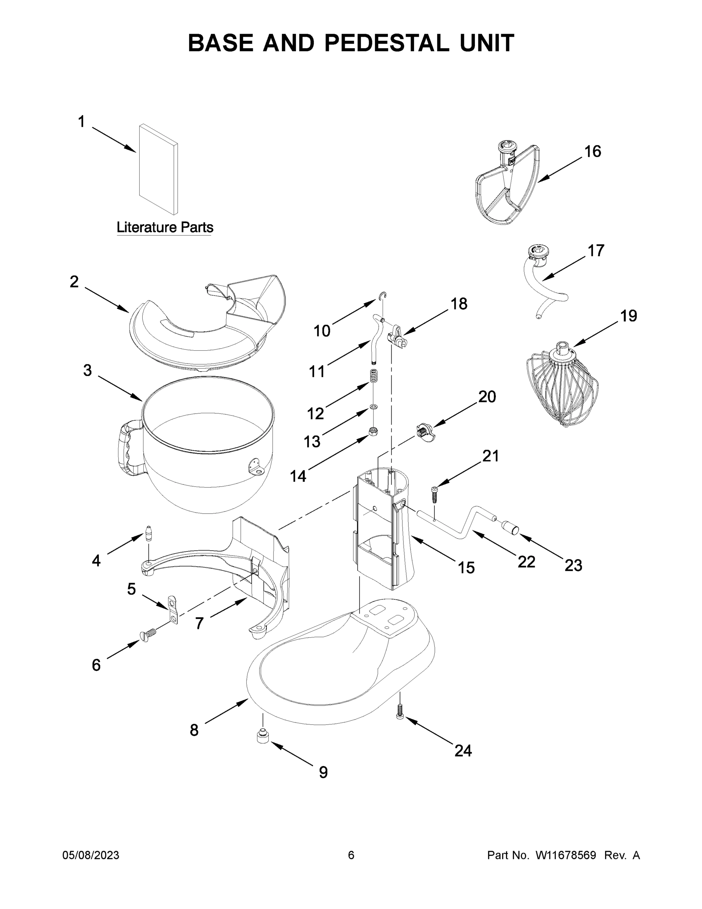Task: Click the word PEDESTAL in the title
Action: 386,43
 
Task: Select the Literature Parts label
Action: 165,227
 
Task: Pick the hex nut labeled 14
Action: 374,431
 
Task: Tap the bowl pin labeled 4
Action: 148,534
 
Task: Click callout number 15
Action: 466,567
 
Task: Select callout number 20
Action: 487,397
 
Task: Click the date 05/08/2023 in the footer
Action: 91,855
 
